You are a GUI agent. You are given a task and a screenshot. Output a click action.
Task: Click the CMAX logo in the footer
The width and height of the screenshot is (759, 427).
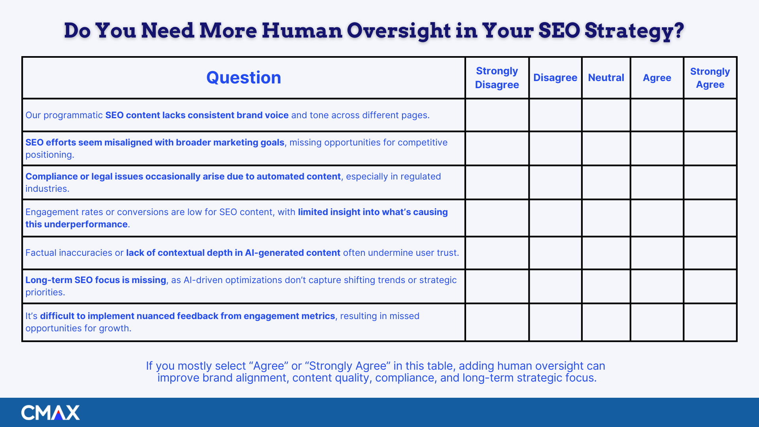pos(50,412)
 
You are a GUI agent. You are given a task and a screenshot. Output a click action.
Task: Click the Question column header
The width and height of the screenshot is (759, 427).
pos(244,77)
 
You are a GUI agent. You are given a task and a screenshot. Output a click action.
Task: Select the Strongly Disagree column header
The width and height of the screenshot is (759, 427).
pos(497,77)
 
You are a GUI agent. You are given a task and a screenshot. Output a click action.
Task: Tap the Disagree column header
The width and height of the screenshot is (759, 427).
pos(555,77)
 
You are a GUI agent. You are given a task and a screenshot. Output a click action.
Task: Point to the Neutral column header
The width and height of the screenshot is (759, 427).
pos(606,77)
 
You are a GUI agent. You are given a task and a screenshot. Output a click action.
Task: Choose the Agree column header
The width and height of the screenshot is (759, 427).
pos(657,78)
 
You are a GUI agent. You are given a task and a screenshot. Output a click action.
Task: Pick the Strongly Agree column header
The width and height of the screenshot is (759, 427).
pos(710,78)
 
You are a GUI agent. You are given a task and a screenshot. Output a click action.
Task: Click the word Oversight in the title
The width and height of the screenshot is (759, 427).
pos(398,31)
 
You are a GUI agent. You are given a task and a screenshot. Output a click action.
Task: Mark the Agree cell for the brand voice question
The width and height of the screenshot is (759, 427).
pos(657,115)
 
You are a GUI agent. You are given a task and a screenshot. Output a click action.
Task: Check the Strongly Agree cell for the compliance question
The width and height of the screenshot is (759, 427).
pos(710,182)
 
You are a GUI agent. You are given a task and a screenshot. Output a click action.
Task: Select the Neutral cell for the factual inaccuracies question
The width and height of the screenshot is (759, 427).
pos(606,253)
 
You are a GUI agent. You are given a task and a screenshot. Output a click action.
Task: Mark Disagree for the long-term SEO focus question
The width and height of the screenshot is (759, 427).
pos(555,286)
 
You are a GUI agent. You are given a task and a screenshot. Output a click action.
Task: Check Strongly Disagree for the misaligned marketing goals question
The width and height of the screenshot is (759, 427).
pos(497,148)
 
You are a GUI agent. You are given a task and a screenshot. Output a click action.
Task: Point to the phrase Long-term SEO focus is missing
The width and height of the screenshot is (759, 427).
pos(96,280)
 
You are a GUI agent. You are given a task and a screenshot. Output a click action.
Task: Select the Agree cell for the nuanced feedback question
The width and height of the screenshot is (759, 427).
pos(657,322)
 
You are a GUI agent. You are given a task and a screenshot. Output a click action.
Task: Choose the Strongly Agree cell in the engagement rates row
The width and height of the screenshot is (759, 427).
pos(710,218)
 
